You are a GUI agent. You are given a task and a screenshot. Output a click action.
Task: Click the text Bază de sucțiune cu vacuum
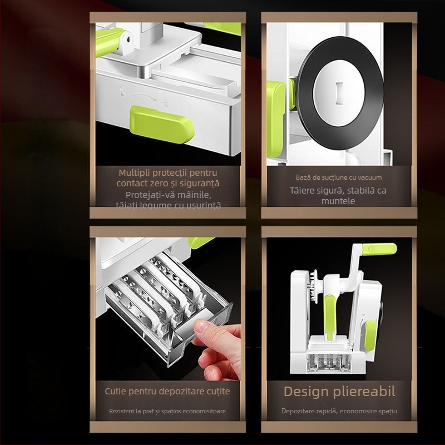[x=338, y=178]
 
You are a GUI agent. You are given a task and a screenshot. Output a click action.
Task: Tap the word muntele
[x=338, y=201]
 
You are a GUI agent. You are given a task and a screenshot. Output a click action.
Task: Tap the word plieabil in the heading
[x=365, y=391]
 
